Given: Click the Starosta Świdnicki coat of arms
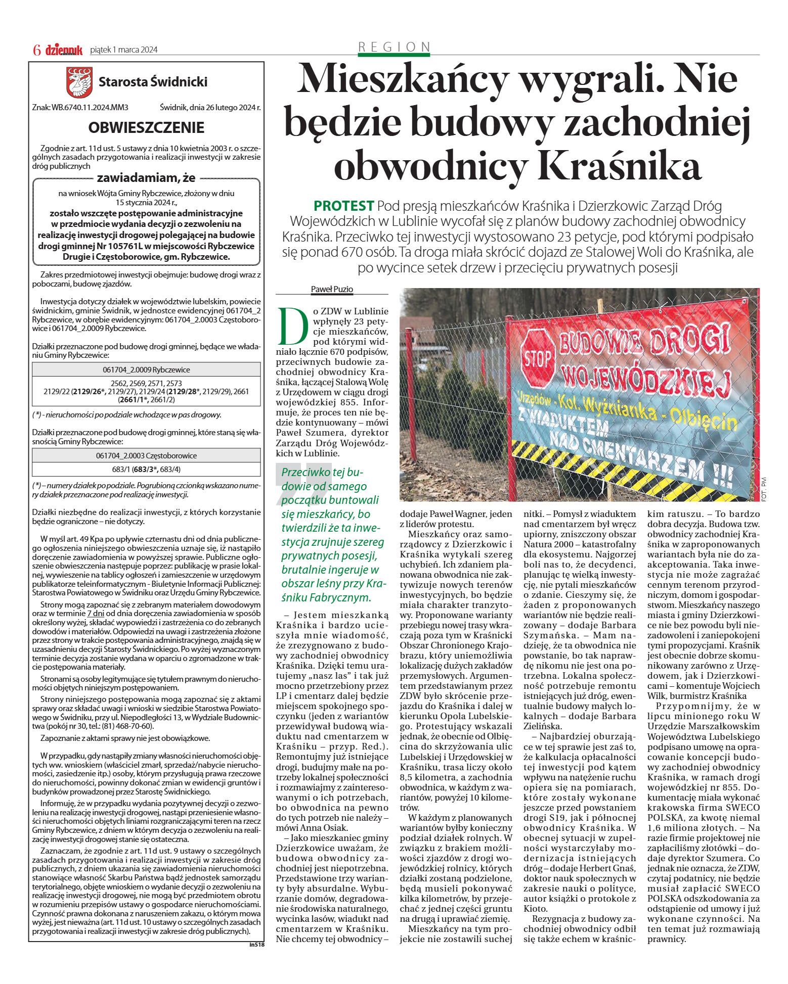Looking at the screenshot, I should pyautogui.click(x=80, y=82).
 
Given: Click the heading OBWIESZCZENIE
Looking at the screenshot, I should pyautogui.click(x=146, y=127).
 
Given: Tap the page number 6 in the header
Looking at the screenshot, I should pyautogui.click(x=36, y=50).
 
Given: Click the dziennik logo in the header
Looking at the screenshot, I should pyautogui.click(x=64, y=50).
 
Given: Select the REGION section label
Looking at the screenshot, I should pyautogui.click(x=394, y=47).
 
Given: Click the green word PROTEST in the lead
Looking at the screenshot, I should pyautogui.click(x=343, y=206).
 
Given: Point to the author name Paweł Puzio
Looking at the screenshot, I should pyautogui.click(x=332, y=289).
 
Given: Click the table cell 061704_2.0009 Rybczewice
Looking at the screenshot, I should pyautogui.click(x=146, y=369).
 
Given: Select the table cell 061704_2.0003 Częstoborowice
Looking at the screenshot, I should pyautogui.click(x=146, y=455).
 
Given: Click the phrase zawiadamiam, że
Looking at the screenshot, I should pyautogui.click(x=146, y=177).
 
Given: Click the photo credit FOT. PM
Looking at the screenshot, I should pyautogui.click(x=764, y=489).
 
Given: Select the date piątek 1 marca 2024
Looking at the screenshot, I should pyautogui.click(x=123, y=50).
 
